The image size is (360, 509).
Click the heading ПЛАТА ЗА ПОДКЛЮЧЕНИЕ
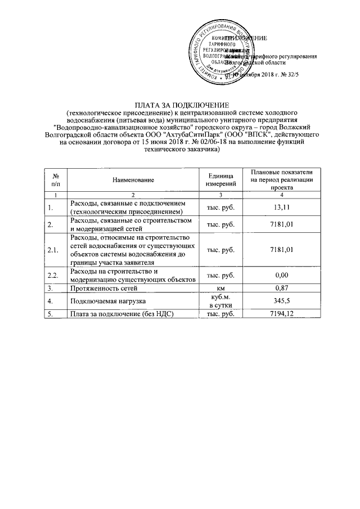pyautogui.click(x=181, y=105)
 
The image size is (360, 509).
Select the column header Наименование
pyautogui.click(x=133, y=179)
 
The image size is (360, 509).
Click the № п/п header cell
pyautogui.click(x=55, y=179)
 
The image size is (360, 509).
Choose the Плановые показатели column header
pyautogui.click(x=279, y=179)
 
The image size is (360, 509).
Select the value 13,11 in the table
pyautogui.click(x=279, y=207)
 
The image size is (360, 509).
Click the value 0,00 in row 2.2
pyautogui.click(x=279, y=274)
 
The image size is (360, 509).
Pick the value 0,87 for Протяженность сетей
pyautogui.click(x=279, y=288)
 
